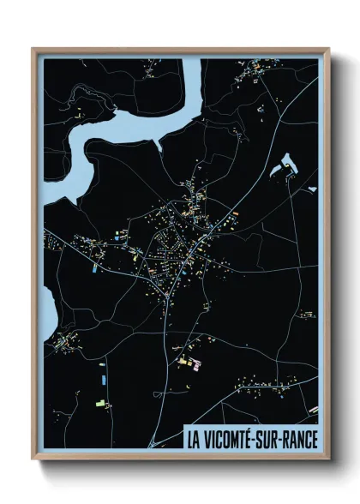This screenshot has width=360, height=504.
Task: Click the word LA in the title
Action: pyautogui.click(x=194, y=440)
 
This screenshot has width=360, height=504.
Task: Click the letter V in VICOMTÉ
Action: pyautogui.click(x=207, y=440)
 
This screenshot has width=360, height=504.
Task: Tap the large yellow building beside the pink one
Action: pyautogui.click(x=183, y=362)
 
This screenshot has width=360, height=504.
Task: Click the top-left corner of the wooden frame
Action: pyautogui.click(x=33, y=50)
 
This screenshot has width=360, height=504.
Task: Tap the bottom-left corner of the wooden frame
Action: pyautogui.click(x=33, y=460)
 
